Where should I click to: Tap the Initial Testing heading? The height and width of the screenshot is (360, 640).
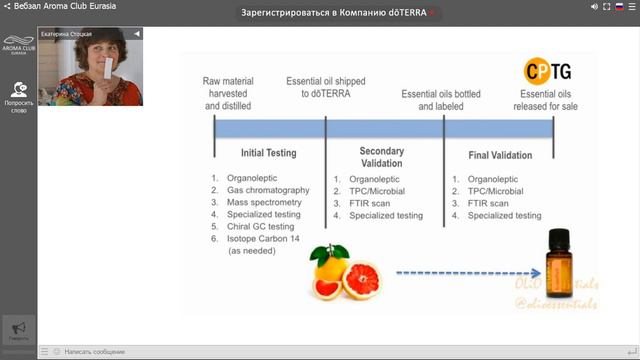pyautogui.click(x=268, y=154)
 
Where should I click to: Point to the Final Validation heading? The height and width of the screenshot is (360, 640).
pyautogui.click(x=500, y=155)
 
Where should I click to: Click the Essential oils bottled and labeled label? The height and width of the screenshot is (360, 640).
pyautogui.click(x=440, y=98)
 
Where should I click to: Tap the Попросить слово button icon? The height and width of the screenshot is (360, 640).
pyautogui.click(x=17, y=91)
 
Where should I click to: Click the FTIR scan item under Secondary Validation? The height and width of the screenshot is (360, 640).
pyautogui.click(x=371, y=202)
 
